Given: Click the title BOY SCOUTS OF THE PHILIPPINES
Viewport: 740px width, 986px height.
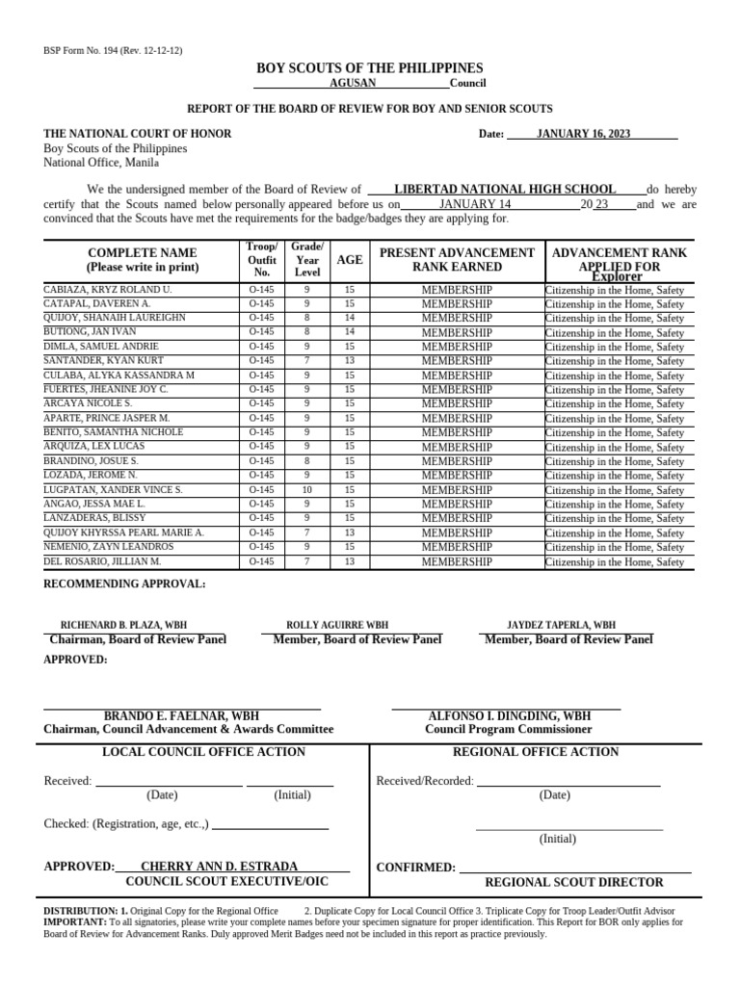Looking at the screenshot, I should pyautogui.click(x=369, y=68).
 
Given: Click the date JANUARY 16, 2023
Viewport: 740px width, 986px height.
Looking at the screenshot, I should pyautogui.click(x=583, y=134).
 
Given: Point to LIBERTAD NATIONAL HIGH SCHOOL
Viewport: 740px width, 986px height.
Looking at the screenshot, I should pyautogui.click(x=505, y=190).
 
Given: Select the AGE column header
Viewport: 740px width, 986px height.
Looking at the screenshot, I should pyautogui.click(x=350, y=260).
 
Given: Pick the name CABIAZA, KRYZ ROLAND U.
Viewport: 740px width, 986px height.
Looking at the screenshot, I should pyautogui.click(x=108, y=290).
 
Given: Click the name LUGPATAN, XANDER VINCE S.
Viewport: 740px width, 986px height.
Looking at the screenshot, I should pyautogui.click(x=114, y=490).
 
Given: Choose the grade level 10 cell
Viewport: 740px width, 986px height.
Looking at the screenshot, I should pyautogui.click(x=307, y=490).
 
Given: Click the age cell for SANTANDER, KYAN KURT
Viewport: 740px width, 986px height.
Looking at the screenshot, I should pyautogui.click(x=350, y=361).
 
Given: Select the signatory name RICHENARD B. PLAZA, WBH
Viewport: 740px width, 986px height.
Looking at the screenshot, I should pyautogui.click(x=136, y=625).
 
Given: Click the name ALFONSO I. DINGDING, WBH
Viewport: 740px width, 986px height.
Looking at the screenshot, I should pyautogui.click(x=509, y=716).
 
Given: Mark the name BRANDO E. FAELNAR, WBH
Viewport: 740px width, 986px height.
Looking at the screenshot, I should pyautogui.click(x=181, y=716).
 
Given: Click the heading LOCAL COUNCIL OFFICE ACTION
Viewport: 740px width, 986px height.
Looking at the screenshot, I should pyautogui.click(x=203, y=752).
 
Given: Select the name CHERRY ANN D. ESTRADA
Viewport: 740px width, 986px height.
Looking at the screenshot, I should pyautogui.click(x=219, y=867).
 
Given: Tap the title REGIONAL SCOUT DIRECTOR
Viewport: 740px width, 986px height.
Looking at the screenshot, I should pyautogui.click(x=573, y=882).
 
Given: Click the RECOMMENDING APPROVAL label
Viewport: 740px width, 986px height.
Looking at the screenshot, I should pyautogui.click(x=124, y=584).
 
